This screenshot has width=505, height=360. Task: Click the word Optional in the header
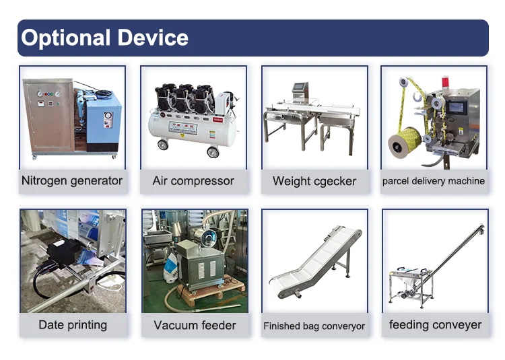click(x=66, y=38)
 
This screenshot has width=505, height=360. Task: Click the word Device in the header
click(x=153, y=38)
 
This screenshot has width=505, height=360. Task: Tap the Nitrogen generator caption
click(x=72, y=181)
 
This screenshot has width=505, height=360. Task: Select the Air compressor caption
click(x=193, y=181)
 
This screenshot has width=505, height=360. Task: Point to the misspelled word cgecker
click(x=335, y=182)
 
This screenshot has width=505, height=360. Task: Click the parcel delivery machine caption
click(x=434, y=181)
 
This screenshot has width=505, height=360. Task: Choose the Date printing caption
click(x=73, y=325)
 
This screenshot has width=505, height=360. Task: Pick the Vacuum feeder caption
click(x=195, y=325)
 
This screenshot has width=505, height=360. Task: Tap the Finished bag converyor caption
click(x=314, y=326)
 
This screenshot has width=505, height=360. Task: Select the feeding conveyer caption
click(x=435, y=325)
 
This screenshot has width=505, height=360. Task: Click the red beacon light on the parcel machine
click(x=446, y=81)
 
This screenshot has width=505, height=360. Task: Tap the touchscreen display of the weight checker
click(x=300, y=87)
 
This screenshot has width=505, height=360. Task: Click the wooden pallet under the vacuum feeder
click(x=209, y=291)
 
